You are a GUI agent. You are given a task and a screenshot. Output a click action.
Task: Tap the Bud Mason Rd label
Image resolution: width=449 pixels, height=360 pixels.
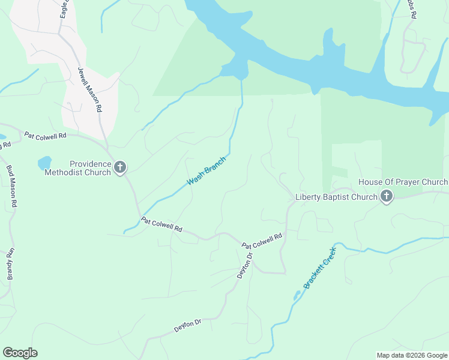pyautogui.click(x=12, y=187)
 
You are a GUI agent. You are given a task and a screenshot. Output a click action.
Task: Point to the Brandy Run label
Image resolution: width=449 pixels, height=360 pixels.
pyautogui.click(x=10, y=264)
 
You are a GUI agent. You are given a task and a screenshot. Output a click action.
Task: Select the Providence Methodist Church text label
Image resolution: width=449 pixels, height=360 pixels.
pyautogui.click(x=77, y=168)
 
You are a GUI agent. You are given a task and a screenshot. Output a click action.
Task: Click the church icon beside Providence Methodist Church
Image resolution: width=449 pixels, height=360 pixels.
pyautogui.click(x=120, y=167)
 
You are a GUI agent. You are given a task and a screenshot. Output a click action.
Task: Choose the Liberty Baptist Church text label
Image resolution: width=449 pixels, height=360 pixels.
pyautogui.click(x=336, y=197)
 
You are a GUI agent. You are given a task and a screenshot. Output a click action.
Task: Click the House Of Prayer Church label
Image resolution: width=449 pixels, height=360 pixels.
pyautogui.click(x=403, y=182)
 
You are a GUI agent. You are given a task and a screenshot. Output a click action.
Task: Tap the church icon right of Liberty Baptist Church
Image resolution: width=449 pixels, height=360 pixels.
pyautogui.click(x=386, y=196)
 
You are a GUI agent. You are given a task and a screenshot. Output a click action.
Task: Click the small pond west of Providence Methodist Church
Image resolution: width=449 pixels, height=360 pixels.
pyautogui.click(x=44, y=163)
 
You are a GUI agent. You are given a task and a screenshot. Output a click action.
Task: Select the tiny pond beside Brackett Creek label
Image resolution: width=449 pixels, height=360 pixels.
pyautogui.click(x=297, y=295)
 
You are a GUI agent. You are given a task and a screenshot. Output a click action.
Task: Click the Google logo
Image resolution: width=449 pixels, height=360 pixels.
pyautogui.click(x=20, y=353)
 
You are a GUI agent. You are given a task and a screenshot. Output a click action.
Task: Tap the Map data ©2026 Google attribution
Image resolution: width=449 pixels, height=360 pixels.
pyautogui.click(x=412, y=355)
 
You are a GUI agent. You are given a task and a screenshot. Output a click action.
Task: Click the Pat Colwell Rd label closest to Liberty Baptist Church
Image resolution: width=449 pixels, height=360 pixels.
pyautogui.click(x=262, y=241)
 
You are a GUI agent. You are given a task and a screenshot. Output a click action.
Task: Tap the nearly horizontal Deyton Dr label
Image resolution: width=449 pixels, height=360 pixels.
pyautogui.click(x=187, y=326)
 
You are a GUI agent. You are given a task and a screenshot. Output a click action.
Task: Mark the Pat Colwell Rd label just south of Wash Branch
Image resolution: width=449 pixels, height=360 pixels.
pyautogui.click(x=161, y=224)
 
